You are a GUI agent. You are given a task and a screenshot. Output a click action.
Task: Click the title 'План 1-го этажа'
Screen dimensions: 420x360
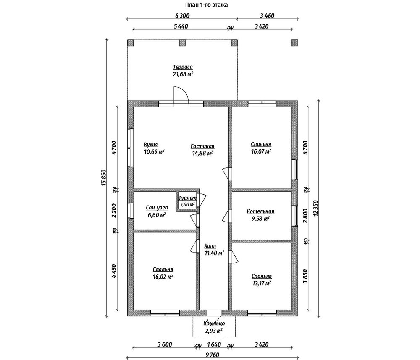[x=206, y=5]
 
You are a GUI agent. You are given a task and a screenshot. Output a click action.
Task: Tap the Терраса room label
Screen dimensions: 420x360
[x=183, y=67]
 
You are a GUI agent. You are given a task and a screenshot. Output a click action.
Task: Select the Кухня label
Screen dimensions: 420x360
[x=151, y=144]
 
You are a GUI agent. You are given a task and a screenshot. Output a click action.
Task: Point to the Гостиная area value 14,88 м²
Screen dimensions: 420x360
[x=202, y=153]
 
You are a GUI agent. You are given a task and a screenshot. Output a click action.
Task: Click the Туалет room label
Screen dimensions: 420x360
[x=188, y=198]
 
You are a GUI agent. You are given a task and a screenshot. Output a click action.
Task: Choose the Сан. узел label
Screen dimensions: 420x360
[x=157, y=207]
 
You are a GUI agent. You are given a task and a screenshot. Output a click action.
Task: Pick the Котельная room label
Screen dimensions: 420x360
[x=260, y=211]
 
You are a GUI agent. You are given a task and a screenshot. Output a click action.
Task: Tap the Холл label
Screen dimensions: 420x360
[x=210, y=246]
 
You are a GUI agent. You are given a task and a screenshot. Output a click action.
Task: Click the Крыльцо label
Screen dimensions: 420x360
[x=214, y=323]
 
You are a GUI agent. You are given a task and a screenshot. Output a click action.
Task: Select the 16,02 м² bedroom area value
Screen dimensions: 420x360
[x=163, y=277]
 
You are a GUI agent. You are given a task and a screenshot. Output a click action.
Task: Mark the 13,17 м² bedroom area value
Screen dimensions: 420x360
[x=261, y=283]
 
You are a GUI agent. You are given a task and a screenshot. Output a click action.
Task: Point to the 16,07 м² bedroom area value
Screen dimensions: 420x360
[x=261, y=151]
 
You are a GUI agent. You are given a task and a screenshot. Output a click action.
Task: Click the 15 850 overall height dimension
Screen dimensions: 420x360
[x=104, y=177]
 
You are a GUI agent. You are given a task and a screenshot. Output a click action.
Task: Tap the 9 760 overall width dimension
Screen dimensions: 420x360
[x=213, y=355]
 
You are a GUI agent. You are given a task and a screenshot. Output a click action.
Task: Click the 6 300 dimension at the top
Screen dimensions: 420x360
[x=182, y=16]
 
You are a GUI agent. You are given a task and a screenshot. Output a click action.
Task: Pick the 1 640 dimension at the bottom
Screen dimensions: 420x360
[x=214, y=344]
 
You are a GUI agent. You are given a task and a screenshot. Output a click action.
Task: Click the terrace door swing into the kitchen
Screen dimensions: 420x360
[x=181, y=94]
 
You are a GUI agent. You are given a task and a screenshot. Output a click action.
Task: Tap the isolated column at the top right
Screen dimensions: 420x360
[x=294, y=43]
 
